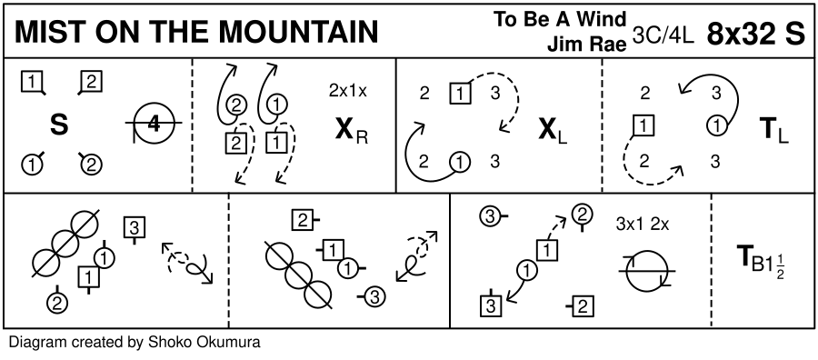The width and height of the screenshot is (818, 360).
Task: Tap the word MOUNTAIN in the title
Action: click(x=298, y=33)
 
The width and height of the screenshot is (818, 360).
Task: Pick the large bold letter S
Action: click(x=59, y=125)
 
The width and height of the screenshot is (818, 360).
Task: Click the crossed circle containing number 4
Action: click(x=154, y=125)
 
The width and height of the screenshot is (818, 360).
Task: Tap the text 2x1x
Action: click(x=348, y=91)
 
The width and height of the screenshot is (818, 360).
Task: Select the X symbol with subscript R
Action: click(x=352, y=132)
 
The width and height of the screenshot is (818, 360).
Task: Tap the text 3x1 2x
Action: click(x=643, y=224)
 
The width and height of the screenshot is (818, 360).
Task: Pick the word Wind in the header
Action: click(x=606, y=19)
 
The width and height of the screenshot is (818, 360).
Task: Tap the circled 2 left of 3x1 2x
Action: click(x=583, y=215)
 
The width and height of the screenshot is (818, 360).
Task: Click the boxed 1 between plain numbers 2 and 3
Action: click(x=460, y=94)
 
